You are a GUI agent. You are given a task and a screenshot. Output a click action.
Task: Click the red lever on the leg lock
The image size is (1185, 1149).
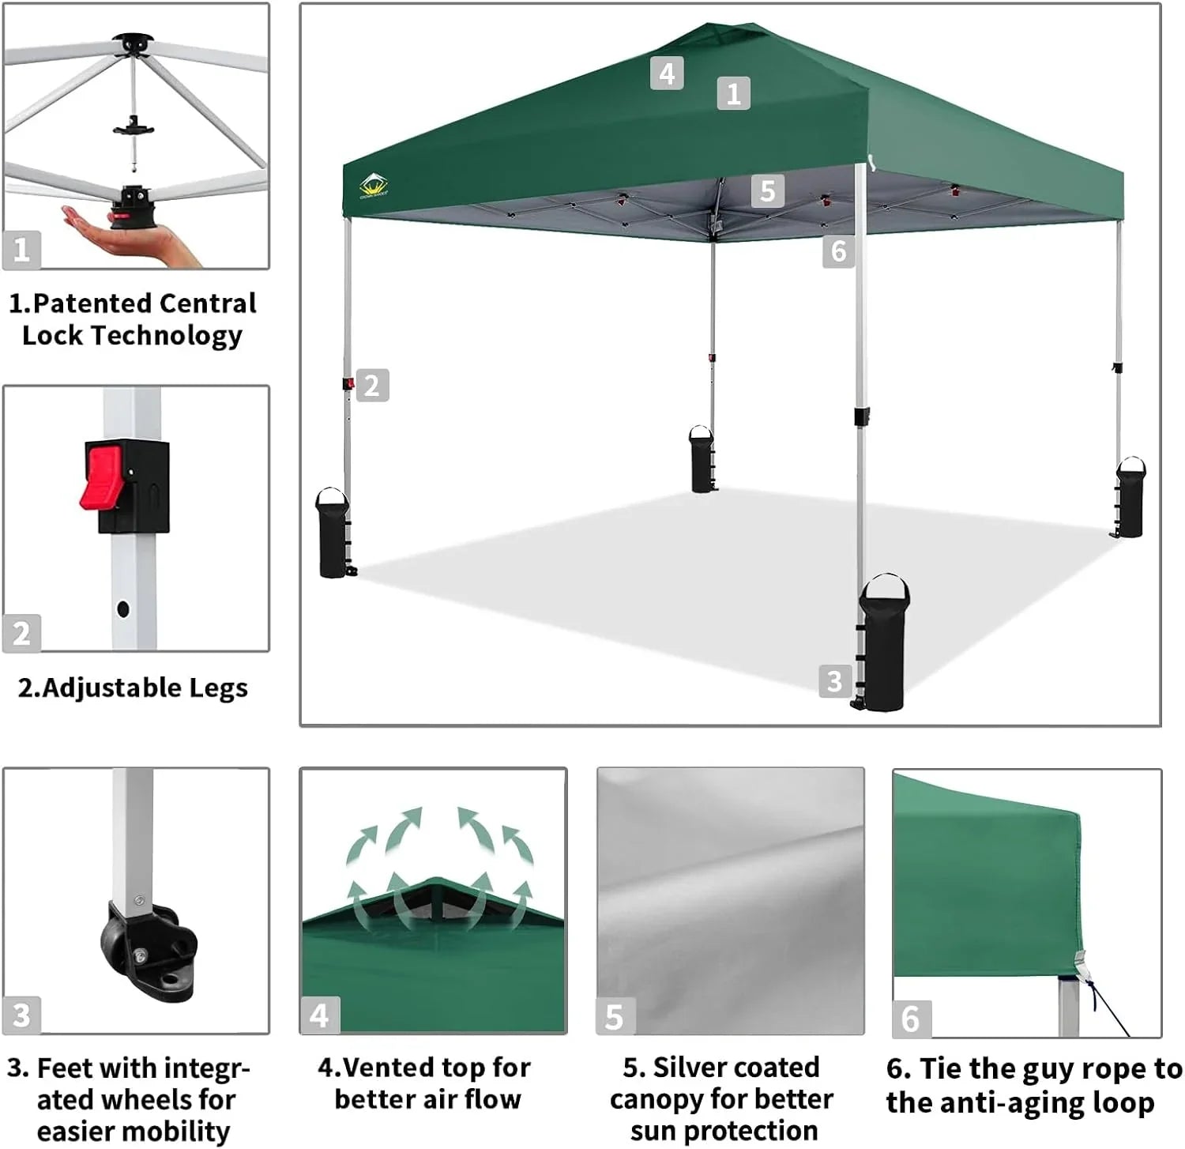pyautogui.click(x=101, y=477)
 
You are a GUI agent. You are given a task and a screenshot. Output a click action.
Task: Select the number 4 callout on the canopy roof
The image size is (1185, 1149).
pyautogui.click(x=667, y=73)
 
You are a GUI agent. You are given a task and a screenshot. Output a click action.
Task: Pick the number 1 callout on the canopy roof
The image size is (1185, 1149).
pyautogui.click(x=733, y=93)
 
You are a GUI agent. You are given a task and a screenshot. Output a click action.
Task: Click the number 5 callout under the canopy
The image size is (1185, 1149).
pyautogui.click(x=767, y=191)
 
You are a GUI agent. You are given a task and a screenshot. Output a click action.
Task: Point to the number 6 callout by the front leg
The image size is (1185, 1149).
pyautogui.click(x=838, y=251)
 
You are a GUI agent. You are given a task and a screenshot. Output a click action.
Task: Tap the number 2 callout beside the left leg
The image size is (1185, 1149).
pyautogui.click(x=372, y=386)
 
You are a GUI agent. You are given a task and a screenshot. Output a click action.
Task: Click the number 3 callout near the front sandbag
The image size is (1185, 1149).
pyautogui.click(x=834, y=680)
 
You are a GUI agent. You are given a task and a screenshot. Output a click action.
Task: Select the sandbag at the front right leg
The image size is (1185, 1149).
pyautogui.click(x=885, y=644)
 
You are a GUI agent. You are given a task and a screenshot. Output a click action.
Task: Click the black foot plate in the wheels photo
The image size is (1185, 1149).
pyautogui.click(x=150, y=948)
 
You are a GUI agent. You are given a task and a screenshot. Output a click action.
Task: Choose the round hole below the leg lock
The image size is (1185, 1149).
pyautogui.click(x=122, y=608)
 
